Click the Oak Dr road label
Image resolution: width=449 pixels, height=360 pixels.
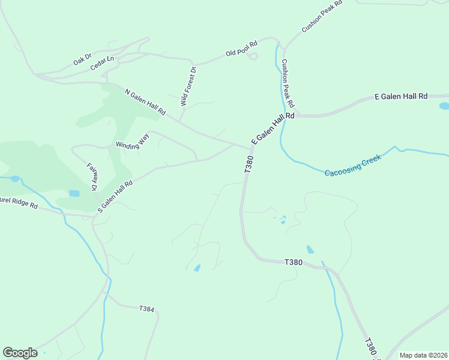(82, 59)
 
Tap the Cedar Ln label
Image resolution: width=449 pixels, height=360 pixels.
(102, 64)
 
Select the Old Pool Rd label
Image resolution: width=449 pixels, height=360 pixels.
(241, 49)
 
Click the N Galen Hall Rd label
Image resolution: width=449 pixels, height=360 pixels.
(145, 102)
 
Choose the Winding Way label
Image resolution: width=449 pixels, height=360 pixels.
(132, 141)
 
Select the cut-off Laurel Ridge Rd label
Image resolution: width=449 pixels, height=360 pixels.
(19, 203)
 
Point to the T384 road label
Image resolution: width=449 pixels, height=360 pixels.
(146, 309)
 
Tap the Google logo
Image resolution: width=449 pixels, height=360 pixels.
(20, 353)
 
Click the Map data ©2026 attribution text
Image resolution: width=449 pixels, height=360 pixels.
(423, 355)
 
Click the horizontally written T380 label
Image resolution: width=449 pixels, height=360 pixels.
(293, 262)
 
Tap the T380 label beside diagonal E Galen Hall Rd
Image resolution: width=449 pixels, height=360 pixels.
(249, 165)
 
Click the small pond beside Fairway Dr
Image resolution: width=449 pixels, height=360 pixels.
(74, 193)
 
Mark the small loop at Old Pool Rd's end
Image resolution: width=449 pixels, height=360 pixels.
(253, 56)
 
